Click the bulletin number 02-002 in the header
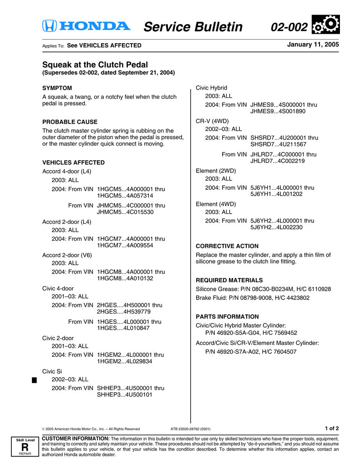(x=289, y=27)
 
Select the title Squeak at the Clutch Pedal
(x=95, y=65)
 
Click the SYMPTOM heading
(x=57, y=88)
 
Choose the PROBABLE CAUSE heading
(x=70, y=122)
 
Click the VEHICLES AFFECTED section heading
(x=73, y=162)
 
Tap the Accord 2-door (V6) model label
(x=67, y=255)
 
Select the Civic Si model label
(x=52, y=371)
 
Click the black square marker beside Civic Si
(x=34, y=380)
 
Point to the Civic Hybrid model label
(x=211, y=88)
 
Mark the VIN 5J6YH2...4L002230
(x=276, y=228)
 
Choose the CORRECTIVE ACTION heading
(x=227, y=246)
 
